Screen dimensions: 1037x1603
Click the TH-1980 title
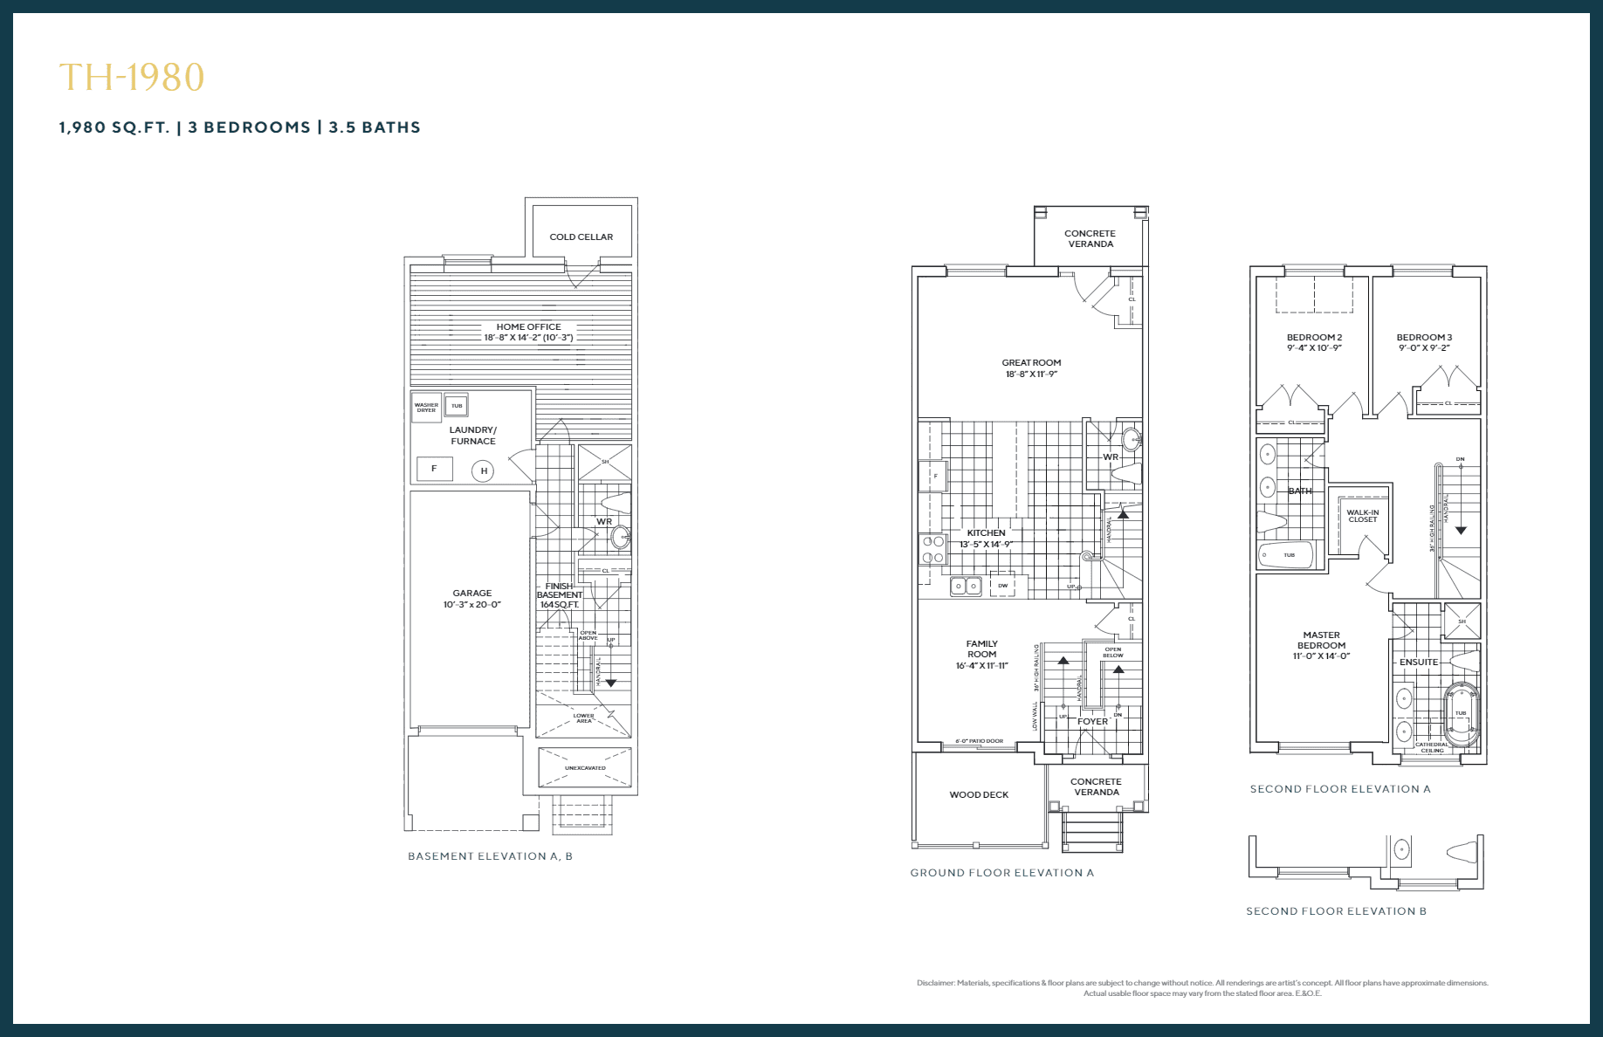tap(132, 78)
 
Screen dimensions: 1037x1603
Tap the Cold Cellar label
tap(581, 237)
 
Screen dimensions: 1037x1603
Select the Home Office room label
tap(528, 326)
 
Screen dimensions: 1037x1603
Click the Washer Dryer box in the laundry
tap(426, 407)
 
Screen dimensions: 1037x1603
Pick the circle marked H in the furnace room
tap(483, 471)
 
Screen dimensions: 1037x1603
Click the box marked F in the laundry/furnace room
tap(434, 469)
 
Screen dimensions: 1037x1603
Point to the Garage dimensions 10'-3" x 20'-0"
tap(471, 605)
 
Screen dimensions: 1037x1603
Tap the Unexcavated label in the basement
tap(585, 768)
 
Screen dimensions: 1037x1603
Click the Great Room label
tap(1031, 362)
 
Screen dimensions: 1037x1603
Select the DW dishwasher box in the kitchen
tap(1002, 585)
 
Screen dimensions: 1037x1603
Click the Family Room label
tap(981, 649)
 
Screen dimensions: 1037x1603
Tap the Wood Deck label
tap(979, 795)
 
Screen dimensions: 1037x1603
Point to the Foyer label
tap(1092, 722)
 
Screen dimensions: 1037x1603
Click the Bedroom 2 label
tap(1314, 337)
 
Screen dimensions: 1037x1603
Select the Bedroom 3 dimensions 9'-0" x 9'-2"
tap(1424, 348)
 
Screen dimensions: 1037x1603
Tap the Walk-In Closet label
tap(1362, 516)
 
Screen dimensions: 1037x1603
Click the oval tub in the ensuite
tap(1461, 714)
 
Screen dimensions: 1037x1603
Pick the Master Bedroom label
tap(1321, 640)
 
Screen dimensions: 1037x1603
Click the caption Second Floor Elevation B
tap(1336, 911)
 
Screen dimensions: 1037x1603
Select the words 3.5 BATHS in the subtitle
tap(375, 127)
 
